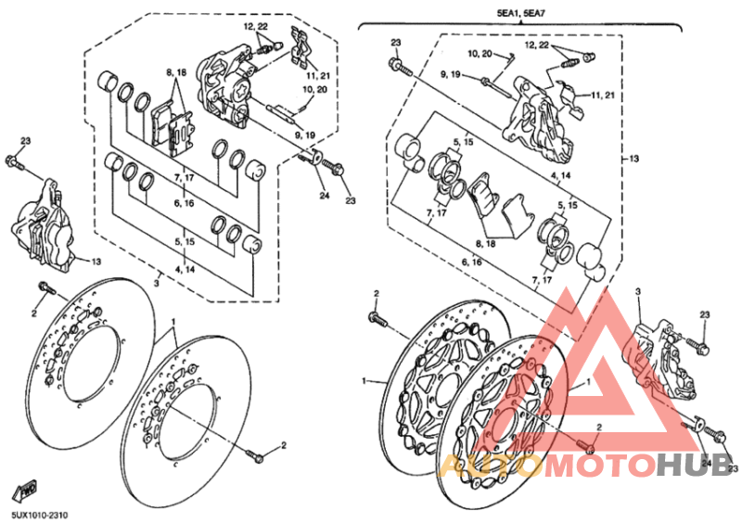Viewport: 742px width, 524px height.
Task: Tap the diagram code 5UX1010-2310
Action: click(39, 515)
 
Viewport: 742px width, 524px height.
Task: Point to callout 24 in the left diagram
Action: click(324, 195)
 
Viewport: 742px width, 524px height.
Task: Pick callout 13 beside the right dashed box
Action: click(633, 158)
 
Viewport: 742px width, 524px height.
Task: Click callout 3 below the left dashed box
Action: click(157, 283)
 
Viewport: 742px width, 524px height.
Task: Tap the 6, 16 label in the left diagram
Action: click(184, 203)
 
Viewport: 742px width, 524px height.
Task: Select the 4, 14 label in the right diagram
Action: click(561, 175)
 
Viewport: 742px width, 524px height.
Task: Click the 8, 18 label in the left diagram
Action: click(176, 72)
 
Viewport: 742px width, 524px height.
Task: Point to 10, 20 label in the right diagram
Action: click(480, 54)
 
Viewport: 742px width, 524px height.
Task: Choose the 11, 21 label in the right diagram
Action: click(603, 96)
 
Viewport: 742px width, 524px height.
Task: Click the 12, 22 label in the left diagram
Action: click(256, 27)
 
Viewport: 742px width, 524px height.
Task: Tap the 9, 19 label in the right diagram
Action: click(450, 74)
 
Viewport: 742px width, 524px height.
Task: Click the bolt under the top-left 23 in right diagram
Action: click(401, 67)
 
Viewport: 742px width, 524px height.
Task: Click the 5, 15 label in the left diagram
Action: click(184, 241)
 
